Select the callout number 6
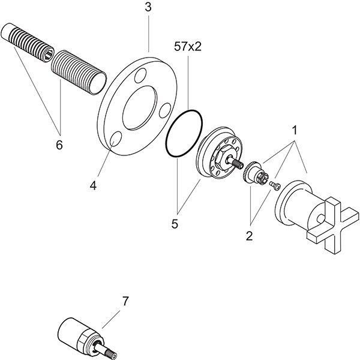(58, 146)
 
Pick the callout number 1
(295, 129)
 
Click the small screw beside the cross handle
(276, 184)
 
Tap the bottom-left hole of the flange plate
(118, 140)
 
